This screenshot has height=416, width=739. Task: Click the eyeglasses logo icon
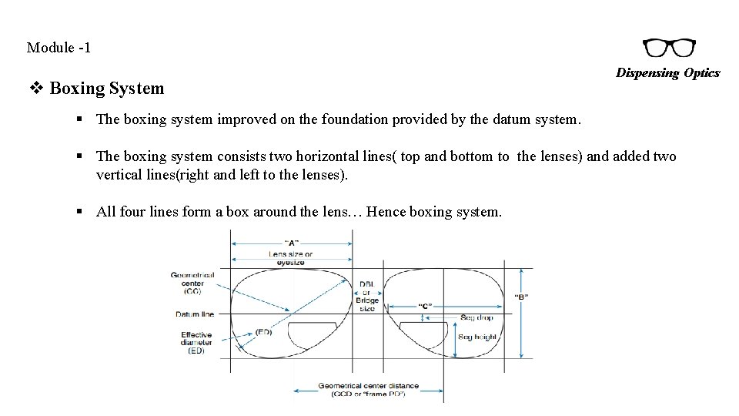(669, 49)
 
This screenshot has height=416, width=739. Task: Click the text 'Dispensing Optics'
(667, 73)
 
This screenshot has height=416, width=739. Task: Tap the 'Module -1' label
(59, 48)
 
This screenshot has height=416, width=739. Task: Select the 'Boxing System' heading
(106, 88)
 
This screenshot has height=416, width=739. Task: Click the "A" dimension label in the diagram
(292, 243)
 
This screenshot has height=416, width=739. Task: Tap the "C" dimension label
(425, 306)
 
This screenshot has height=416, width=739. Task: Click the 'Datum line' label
(195, 314)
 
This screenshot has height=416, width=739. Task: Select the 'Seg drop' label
(477, 317)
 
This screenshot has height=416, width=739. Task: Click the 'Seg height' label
(477, 337)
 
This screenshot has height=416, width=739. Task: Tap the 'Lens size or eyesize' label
(291, 258)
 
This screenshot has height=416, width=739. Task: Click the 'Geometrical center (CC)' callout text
(192, 283)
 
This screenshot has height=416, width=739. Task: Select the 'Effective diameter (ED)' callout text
(196, 343)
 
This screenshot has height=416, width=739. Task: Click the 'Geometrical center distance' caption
(368, 389)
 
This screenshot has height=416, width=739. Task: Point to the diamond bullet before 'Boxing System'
(35, 88)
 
